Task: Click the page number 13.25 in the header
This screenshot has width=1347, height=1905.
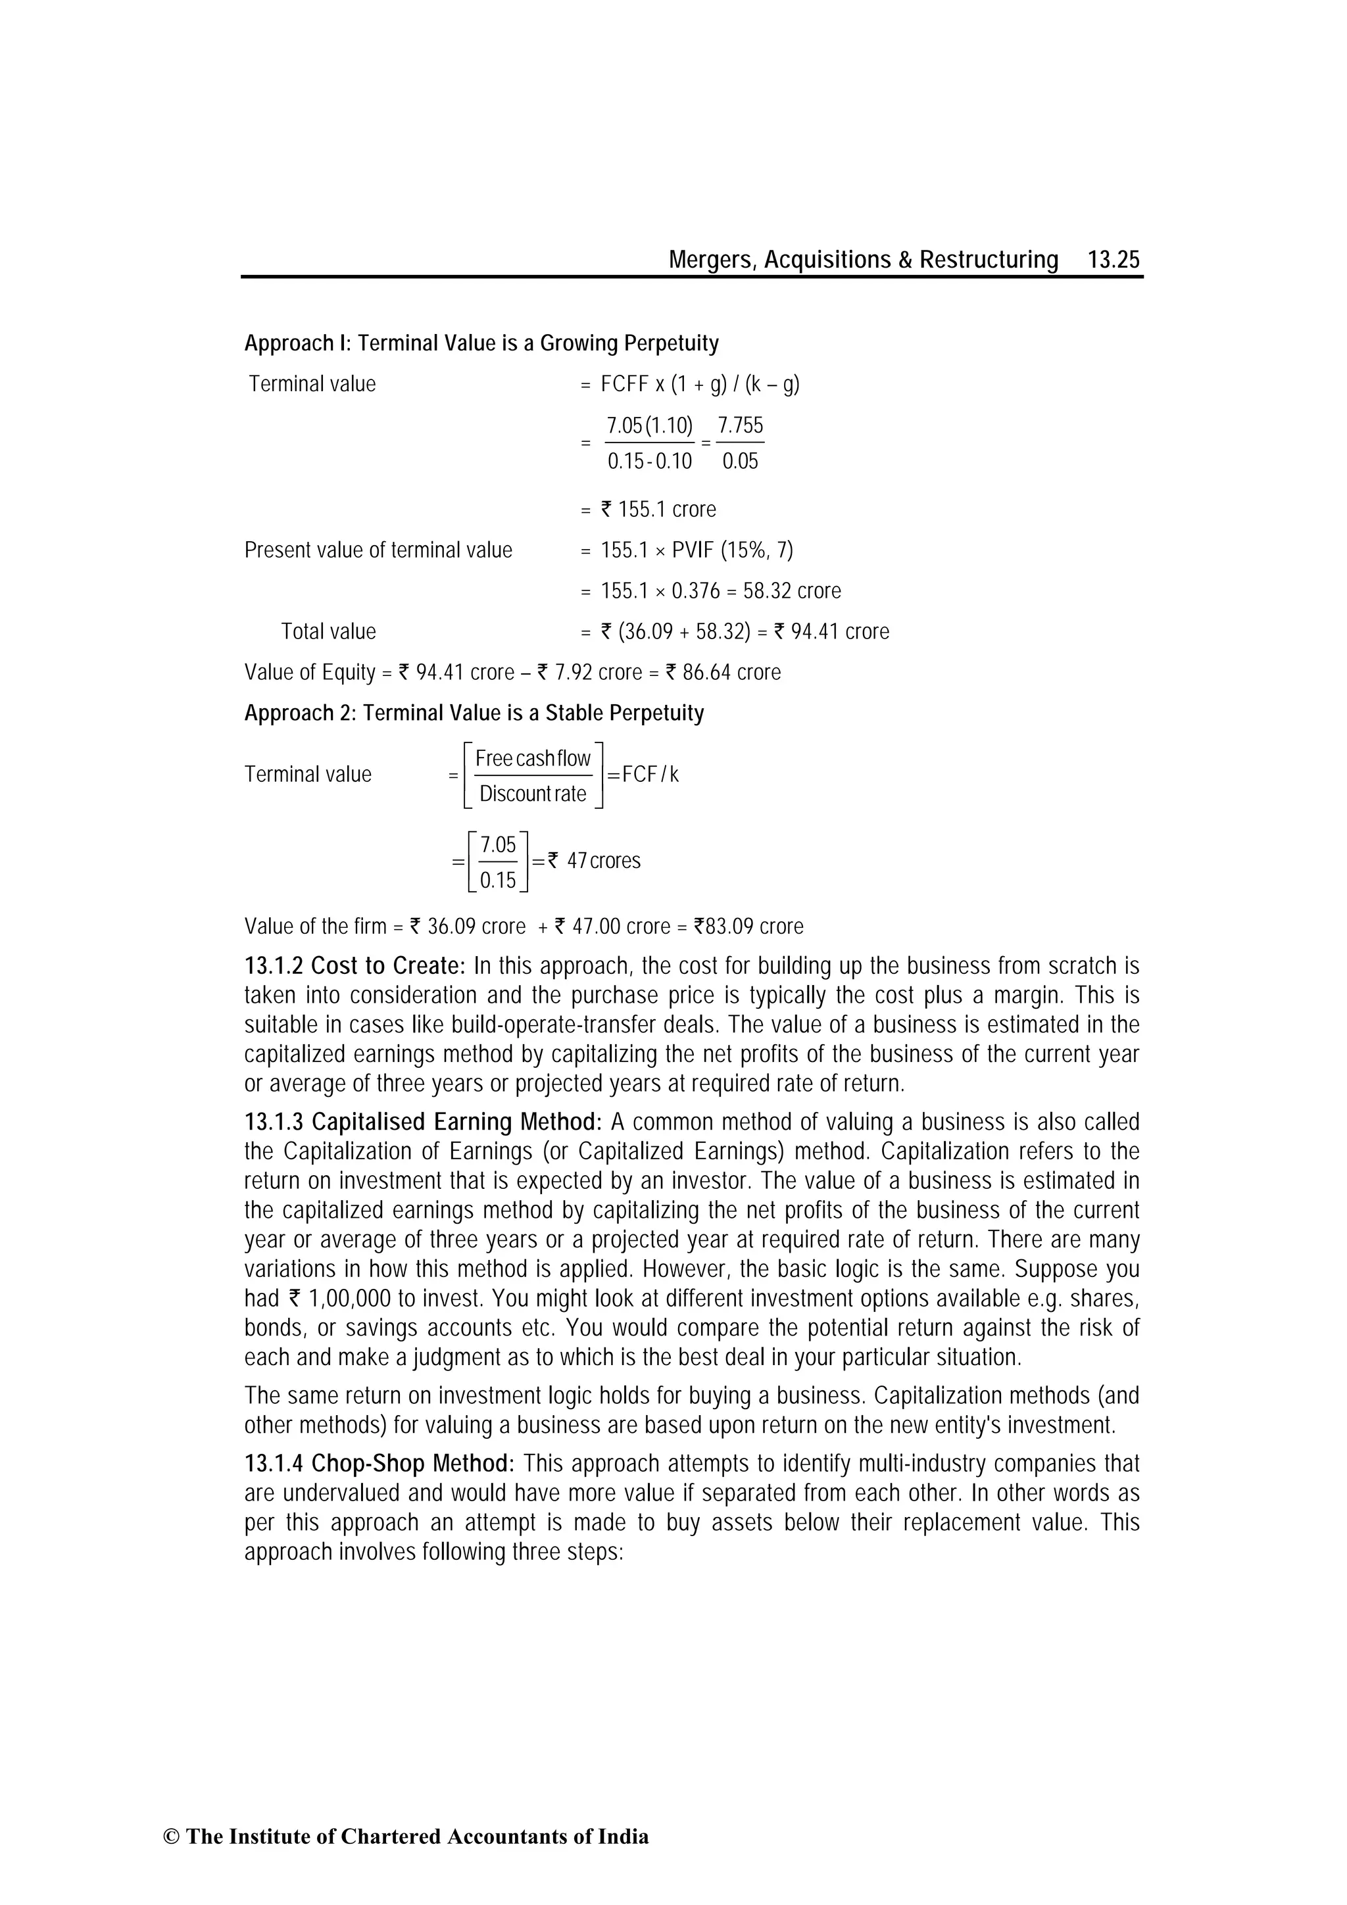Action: point(1114,260)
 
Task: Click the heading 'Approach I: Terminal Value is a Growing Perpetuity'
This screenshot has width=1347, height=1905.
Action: point(481,343)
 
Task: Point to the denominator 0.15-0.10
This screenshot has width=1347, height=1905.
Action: point(649,462)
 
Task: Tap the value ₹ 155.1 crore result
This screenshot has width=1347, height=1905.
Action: point(657,510)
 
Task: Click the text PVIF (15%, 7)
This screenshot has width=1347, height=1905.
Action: point(732,550)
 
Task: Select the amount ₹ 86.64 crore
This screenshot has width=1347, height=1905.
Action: point(723,672)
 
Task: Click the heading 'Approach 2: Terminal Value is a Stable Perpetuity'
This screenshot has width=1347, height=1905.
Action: point(474,713)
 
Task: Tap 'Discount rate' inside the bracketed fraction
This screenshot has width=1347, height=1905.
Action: point(533,794)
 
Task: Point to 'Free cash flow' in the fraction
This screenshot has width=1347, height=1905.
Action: point(533,758)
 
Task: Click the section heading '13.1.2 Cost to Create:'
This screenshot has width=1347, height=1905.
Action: point(355,966)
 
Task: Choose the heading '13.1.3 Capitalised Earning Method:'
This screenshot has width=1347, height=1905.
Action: point(422,1122)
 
